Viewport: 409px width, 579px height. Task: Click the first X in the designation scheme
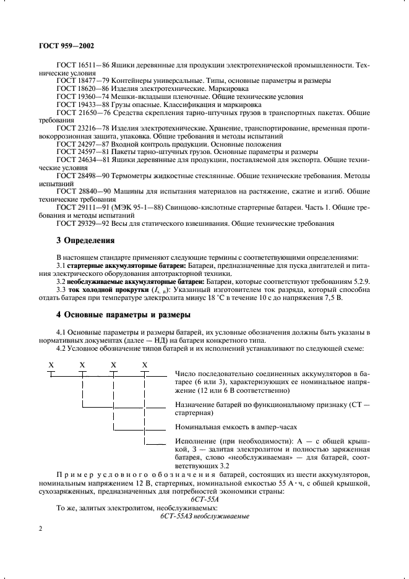[x=51, y=365]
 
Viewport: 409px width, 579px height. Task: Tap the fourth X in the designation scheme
[x=145, y=365]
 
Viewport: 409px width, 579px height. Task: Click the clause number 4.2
[x=62, y=348]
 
